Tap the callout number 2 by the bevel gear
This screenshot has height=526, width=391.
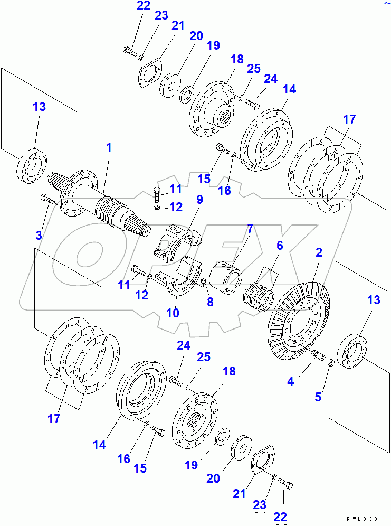tap(319, 253)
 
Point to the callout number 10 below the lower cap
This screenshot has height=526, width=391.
tap(173, 313)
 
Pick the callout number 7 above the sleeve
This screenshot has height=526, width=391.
tap(250, 229)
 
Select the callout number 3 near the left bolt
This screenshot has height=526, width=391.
tap(39, 235)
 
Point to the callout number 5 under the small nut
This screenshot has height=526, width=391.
tap(317, 397)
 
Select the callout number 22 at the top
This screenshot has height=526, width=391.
tap(129, 6)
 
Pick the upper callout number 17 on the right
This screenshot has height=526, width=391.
tap(349, 120)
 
